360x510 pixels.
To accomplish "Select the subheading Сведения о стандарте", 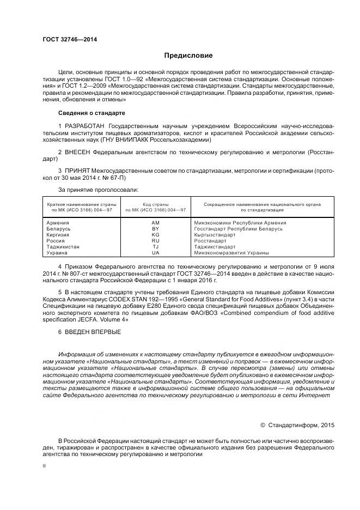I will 91,113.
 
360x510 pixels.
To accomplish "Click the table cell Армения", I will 58,223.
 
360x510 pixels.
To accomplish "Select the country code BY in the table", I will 155,229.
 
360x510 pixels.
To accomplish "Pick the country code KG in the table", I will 155,235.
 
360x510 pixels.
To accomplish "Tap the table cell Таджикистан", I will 63,247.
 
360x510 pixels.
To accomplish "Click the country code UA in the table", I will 155,253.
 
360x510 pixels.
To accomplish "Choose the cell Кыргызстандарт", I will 215,235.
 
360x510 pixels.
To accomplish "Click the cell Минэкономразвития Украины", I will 231,253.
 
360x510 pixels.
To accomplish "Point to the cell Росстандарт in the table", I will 210,241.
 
